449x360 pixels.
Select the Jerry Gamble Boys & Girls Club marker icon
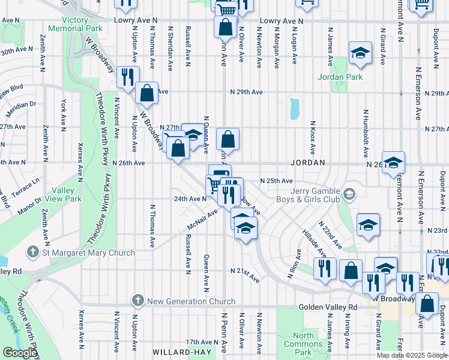(350, 194)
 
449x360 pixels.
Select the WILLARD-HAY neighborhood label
(179, 352)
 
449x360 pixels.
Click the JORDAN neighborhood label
(308, 163)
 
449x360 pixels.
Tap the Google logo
(19, 353)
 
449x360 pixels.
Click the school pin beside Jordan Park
(361, 55)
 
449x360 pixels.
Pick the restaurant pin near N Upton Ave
(127, 76)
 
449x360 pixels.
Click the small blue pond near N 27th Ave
(294, 109)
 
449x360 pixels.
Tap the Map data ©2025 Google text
(411, 355)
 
